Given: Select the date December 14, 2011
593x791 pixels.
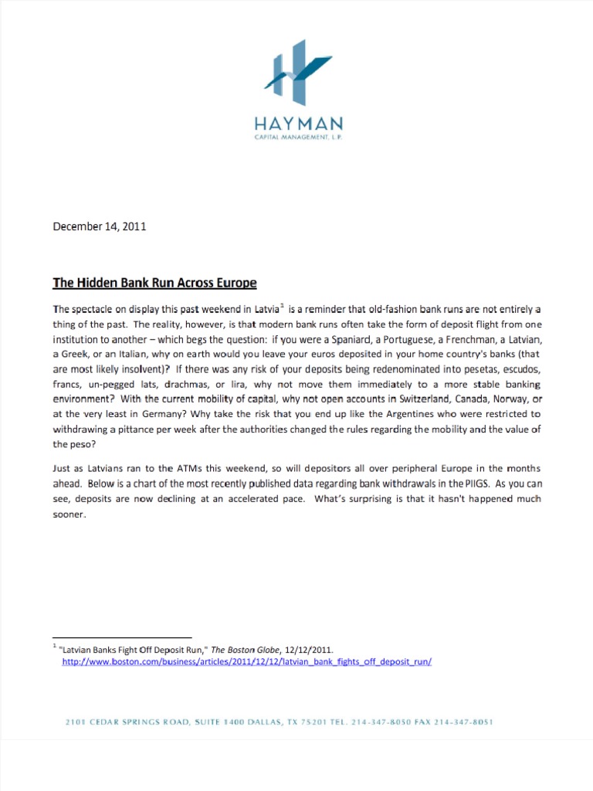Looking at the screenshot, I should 99,227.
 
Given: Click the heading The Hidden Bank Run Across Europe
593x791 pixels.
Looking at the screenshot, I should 154,283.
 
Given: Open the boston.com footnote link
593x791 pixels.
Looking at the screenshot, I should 246,662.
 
